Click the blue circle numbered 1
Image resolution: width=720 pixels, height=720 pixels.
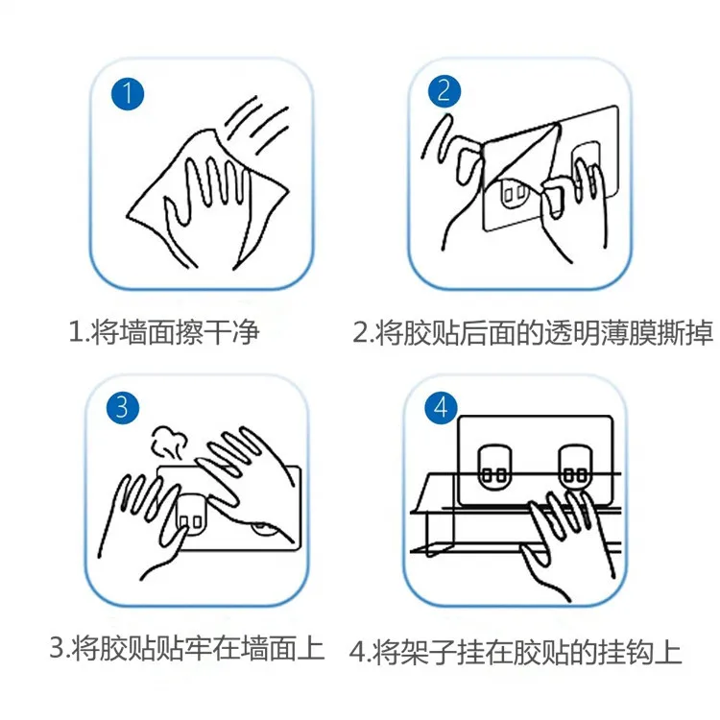tap(128, 94)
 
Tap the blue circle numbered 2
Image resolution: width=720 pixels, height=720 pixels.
tap(444, 91)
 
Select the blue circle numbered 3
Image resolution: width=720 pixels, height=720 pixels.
tap(123, 407)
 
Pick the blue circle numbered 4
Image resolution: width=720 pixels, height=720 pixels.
tap(441, 407)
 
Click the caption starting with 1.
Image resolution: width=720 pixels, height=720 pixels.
tap(164, 331)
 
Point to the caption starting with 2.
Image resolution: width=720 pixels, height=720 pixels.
tap(533, 332)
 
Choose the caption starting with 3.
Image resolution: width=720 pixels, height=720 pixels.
tap(187, 647)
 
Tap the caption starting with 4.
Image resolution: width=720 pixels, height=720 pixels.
tap(516, 652)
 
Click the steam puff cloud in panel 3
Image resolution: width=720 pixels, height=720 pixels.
tap(169, 442)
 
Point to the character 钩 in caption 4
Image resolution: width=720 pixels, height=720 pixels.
tap(639, 653)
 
